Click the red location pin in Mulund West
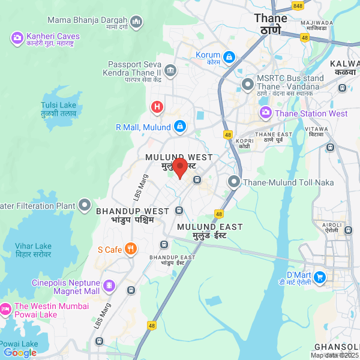tap(180, 167)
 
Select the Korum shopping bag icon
tap(229, 57)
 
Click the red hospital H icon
tap(157, 107)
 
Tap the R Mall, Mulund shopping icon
tap(180, 127)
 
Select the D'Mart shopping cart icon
tap(320, 277)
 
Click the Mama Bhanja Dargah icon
tap(136, 23)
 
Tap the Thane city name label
tap(271, 23)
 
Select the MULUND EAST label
tap(209, 230)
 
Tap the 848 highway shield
tap(298, 5)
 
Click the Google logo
tap(20, 353)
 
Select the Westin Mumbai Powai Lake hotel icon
tap(5, 310)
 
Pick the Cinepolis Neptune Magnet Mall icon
tap(109, 286)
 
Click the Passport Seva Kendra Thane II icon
tap(170, 71)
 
